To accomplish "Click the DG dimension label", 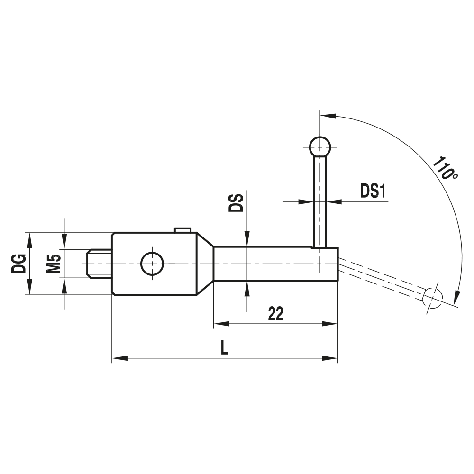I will tap(19, 264).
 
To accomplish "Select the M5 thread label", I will tap(54, 264).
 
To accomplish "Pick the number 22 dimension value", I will tap(275, 313).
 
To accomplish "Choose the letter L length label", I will tap(225, 349).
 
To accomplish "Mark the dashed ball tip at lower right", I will tap(432, 297).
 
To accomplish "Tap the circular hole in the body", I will tap(152, 264).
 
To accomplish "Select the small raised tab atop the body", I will tap(182, 230).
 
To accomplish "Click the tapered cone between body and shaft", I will tap(205, 264).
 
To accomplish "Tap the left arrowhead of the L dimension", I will tap(118, 359).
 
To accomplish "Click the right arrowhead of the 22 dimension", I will tap(332, 324).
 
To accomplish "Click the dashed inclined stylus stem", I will tap(384, 280).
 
